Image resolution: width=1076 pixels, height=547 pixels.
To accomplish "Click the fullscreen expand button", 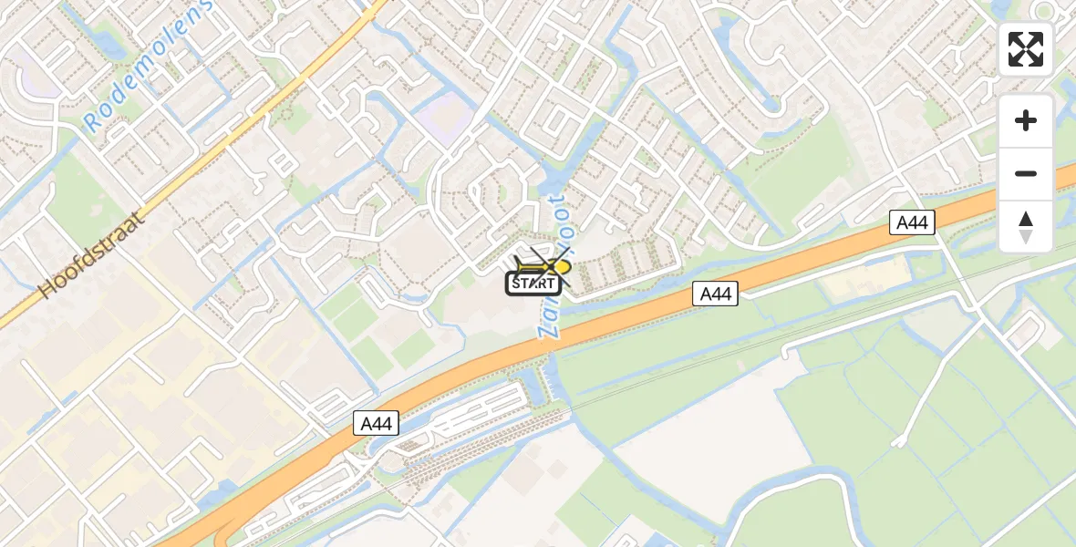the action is pyautogui.click(x=1025, y=49).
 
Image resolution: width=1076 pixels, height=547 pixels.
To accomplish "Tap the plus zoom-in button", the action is pyautogui.click(x=1025, y=120).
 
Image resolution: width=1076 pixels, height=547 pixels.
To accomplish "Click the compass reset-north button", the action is pyautogui.click(x=1025, y=227).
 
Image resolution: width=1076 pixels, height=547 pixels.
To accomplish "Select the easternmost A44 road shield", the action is pyautogui.click(x=913, y=222).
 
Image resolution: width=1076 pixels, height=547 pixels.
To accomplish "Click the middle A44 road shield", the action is pyautogui.click(x=715, y=294).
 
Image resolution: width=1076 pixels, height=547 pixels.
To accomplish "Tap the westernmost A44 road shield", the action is pyautogui.click(x=377, y=423).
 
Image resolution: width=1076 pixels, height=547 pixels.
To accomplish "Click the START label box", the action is pyautogui.click(x=533, y=284).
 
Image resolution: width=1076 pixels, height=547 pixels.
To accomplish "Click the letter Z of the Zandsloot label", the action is pyautogui.click(x=545, y=331).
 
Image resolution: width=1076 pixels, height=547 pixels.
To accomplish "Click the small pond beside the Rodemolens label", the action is pyautogui.click(x=108, y=42).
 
